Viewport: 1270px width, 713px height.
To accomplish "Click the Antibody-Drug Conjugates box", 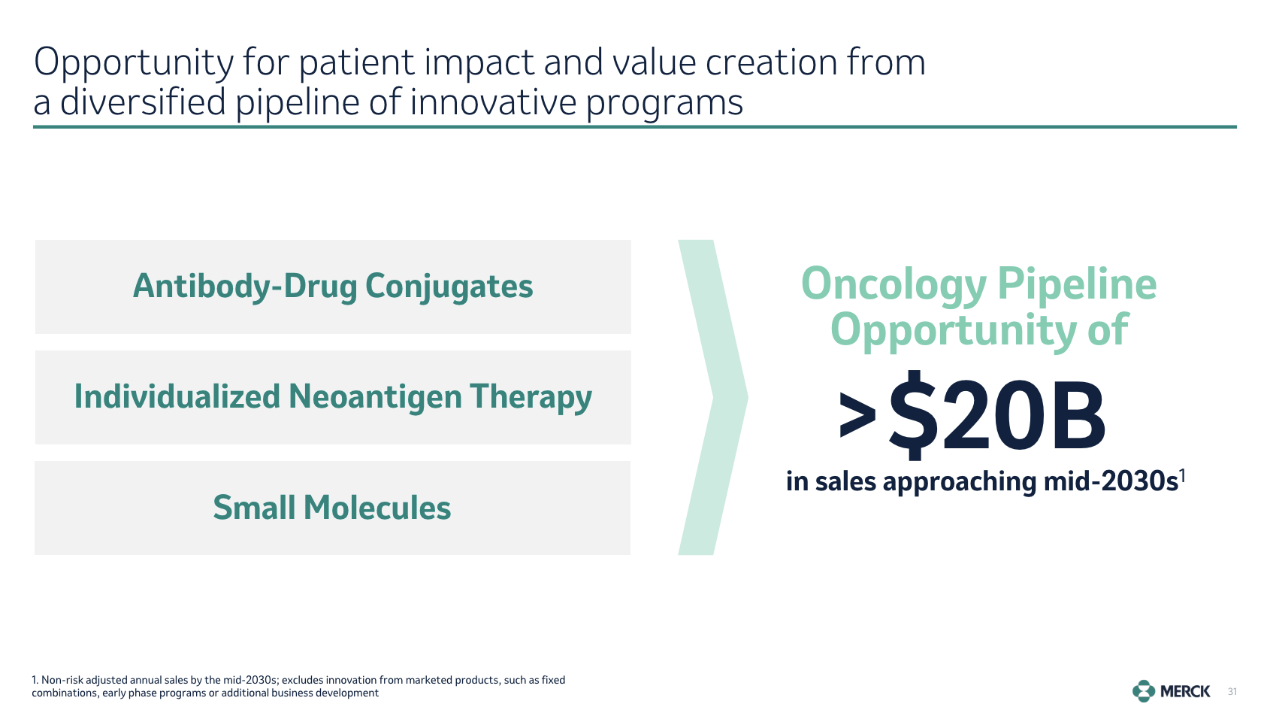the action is [333, 287].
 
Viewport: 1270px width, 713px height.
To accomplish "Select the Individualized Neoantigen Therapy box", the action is [333, 397].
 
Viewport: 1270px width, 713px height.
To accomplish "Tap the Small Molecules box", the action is [332, 508].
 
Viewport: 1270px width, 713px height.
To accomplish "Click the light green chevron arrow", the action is [713, 397].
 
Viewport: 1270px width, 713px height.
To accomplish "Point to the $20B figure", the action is [996, 414].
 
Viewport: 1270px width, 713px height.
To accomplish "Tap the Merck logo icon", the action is [1144, 691].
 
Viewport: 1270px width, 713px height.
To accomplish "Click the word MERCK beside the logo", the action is [1185, 691].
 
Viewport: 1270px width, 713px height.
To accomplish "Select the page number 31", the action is [1232, 691].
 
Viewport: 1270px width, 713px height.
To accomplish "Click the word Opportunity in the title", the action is [133, 63].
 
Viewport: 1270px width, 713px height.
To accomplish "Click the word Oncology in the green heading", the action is [894, 285].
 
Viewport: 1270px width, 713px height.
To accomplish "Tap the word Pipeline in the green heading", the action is [1077, 285].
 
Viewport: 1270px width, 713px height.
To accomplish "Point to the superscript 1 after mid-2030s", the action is [1182, 475].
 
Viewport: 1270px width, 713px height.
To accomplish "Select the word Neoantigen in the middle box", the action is [375, 396].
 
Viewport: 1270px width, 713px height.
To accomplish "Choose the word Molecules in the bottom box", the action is [377, 507].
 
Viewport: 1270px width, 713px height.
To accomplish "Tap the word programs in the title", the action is [664, 104].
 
